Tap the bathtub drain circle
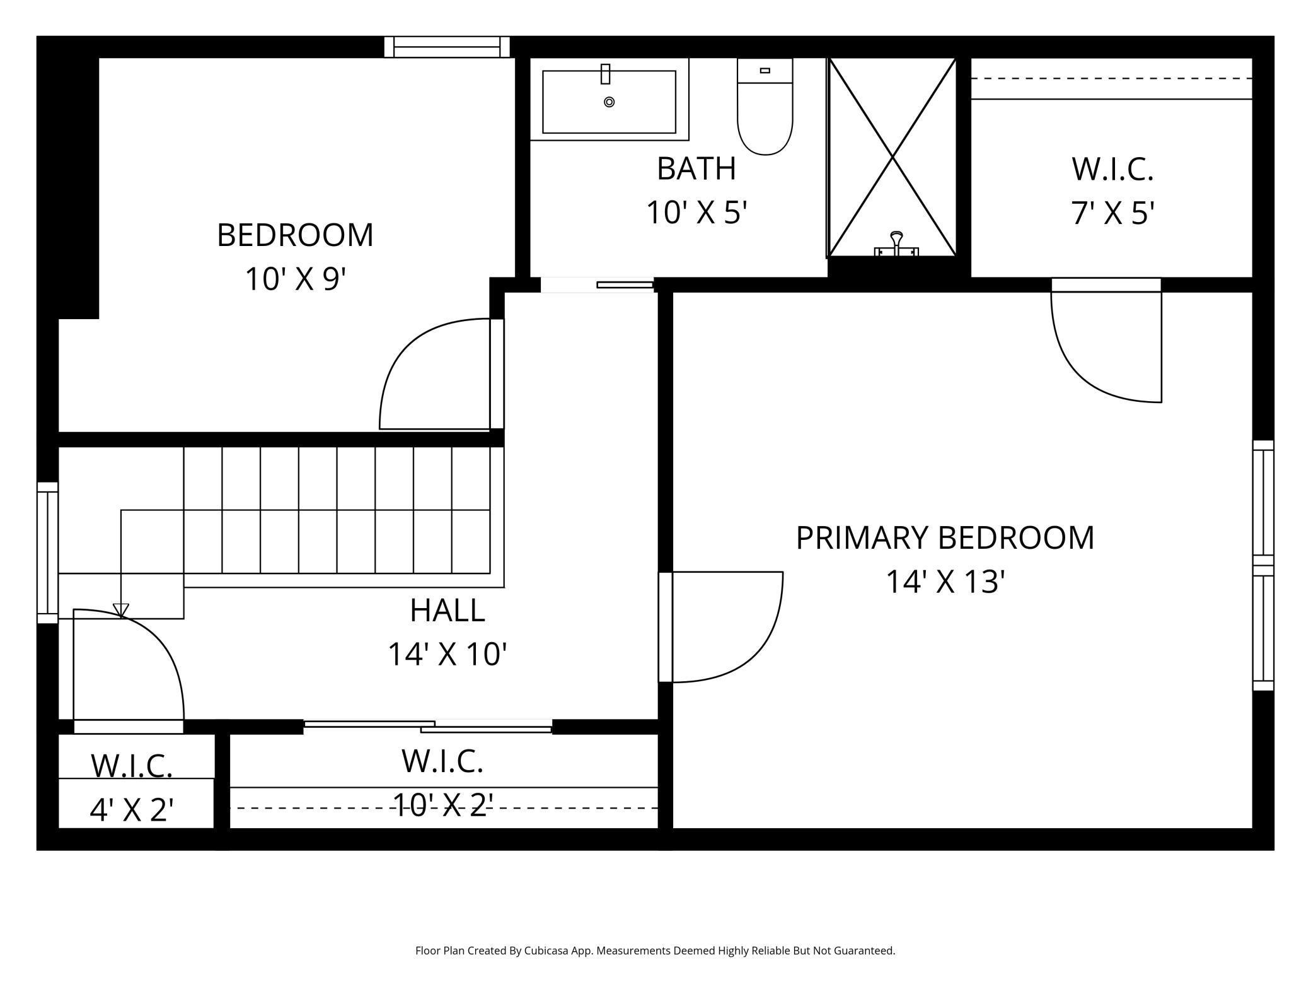[x=609, y=102]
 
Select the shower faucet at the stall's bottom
[x=896, y=244]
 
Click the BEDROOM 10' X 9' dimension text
[x=296, y=279]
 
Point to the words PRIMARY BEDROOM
[x=945, y=538]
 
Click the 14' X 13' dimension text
[x=945, y=582]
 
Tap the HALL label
[x=448, y=610]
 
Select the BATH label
[x=696, y=168]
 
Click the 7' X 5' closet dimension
[x=1112, y=213]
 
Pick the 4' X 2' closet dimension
[x=132, y=810]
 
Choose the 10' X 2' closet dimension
[x=443, y=805]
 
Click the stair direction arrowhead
[x=121, y=610]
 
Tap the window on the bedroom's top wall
[x=447, y=47]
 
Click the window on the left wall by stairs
[x=48, y=553]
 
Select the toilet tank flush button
[x=765, y=71]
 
